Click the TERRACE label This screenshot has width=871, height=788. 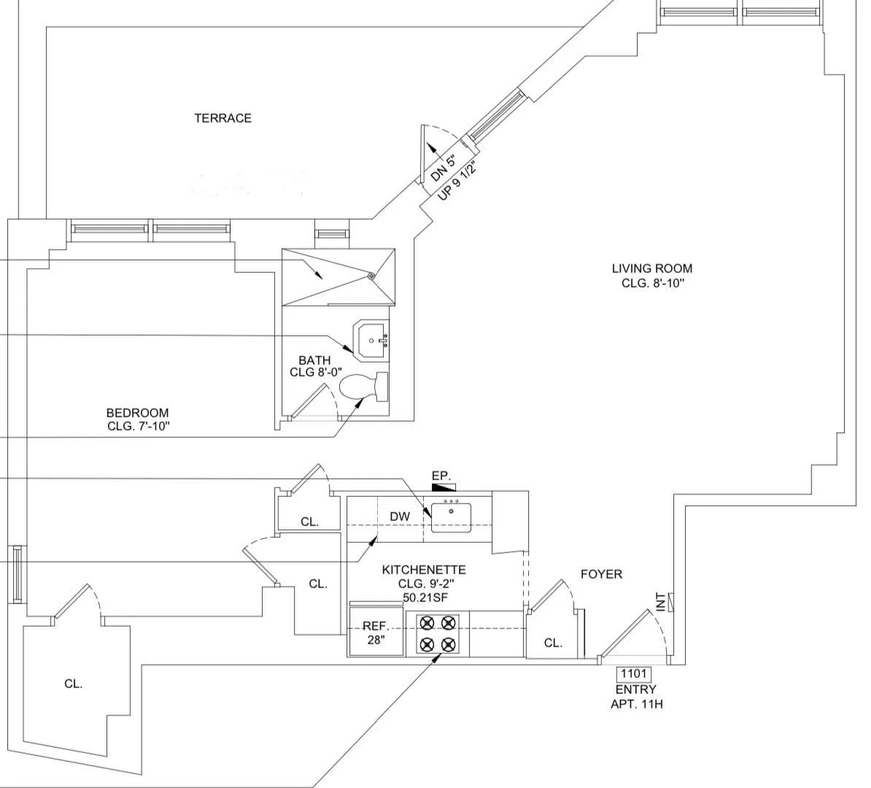click(222, 118)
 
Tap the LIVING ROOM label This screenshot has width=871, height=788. click(652, 269)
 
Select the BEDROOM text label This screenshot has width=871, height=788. click(137, 413)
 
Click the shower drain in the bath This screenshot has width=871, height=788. click(371, 276)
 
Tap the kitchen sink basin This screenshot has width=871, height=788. click(451, 517)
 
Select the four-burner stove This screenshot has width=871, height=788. click(438, 633)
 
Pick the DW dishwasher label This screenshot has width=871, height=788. click(400, 517)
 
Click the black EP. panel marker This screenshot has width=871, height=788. click(444, 487)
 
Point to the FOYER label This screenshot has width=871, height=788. click(601, 574)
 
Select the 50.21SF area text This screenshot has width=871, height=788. click(424, 597)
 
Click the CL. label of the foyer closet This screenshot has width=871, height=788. click(553, 643)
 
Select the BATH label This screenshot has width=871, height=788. click(314, 360)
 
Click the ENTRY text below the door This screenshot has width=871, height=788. click(635, 689)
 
